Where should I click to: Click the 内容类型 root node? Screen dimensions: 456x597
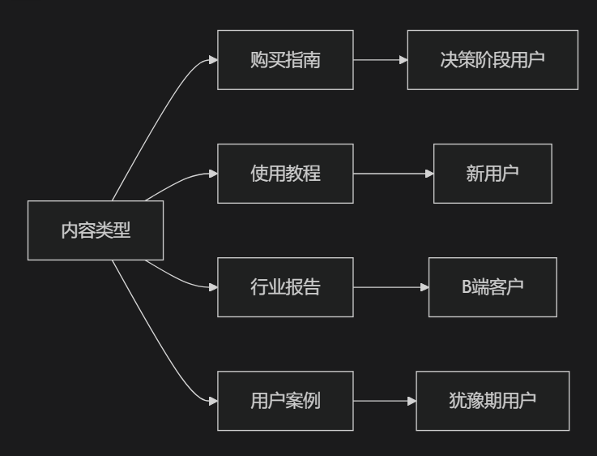tap(96, 230)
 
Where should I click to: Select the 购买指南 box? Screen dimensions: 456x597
tap(285, 60)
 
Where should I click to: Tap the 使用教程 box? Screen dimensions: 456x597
tap(285, 174)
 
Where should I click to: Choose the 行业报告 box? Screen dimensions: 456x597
tap(285, 287)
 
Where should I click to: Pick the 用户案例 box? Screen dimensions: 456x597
tap(285, 401)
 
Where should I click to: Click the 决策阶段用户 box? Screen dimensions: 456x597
tap(493, 60)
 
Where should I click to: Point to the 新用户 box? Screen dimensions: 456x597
tap(493, 174)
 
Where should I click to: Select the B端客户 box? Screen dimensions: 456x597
tap(493, 287)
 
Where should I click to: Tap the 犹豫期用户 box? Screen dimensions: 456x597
tap(493, 401)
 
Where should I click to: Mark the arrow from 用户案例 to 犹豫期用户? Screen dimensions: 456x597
tap(384, 401)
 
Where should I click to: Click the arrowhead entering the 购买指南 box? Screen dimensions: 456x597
tap(213, 60)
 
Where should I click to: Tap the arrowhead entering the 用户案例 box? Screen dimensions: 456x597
tap(213, 401)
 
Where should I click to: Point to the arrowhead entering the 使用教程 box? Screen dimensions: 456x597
tap(213, 174)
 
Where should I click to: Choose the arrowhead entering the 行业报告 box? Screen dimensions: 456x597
tap(213, 287)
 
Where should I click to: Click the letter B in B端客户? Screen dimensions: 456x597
tap(466, 287)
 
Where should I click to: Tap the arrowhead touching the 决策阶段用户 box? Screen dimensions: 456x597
tap(403, 60)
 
